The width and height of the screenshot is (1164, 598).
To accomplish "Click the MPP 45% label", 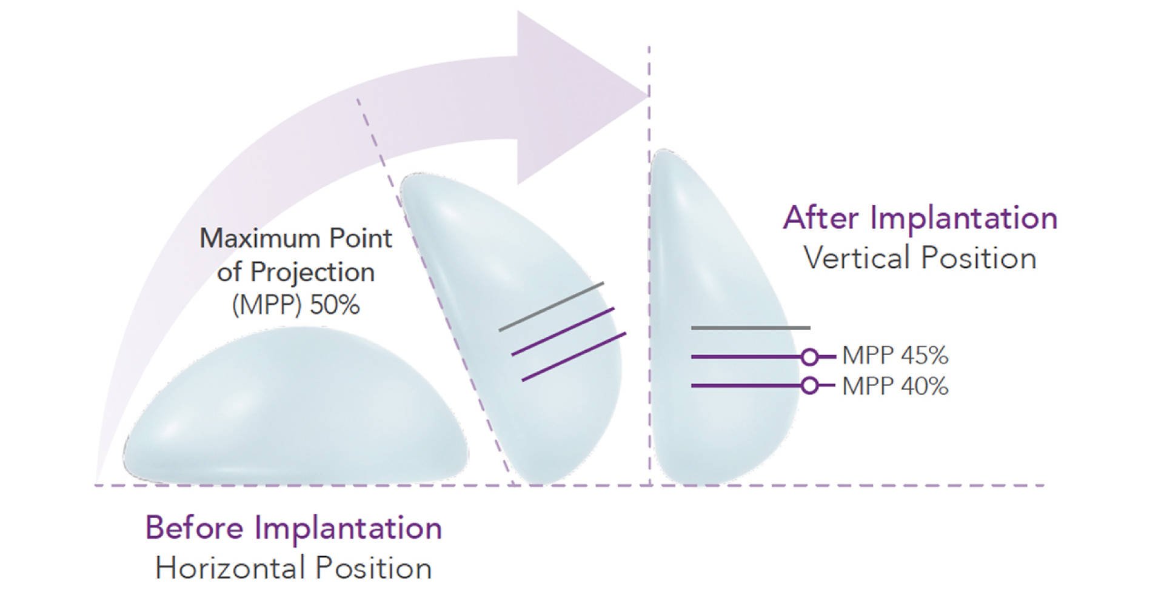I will click(895, 356).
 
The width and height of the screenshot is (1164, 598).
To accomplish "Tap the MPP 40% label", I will click(895, 386).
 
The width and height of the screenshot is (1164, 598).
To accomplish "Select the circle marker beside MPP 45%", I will click(809, 357).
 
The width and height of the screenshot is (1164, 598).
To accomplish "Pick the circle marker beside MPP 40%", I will click(809, 385).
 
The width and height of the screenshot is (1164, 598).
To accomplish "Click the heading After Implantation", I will click(920, 218).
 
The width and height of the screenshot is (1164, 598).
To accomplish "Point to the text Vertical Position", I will click(920, 258).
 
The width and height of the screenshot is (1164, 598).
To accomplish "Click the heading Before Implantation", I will click(293, 528).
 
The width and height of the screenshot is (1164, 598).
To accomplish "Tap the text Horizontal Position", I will click(293, 568).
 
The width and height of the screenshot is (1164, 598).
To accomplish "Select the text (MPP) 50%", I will click(296, 305).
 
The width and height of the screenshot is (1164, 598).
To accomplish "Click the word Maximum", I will click(260, 238).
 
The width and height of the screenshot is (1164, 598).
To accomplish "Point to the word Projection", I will click(312, 272).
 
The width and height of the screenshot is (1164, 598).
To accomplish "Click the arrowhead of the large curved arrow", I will click(582, 97).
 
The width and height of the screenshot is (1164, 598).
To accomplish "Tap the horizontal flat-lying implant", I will click(296, 412).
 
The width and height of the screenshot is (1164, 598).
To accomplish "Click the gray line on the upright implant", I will click(751, 328).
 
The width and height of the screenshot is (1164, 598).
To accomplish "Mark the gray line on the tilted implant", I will click(551, 307).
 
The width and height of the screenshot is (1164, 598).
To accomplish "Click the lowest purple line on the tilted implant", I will click(574, 357).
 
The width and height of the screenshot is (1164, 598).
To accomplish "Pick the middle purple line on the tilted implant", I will click(563, 331).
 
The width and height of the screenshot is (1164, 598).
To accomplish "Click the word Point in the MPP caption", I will click(360, 238).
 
